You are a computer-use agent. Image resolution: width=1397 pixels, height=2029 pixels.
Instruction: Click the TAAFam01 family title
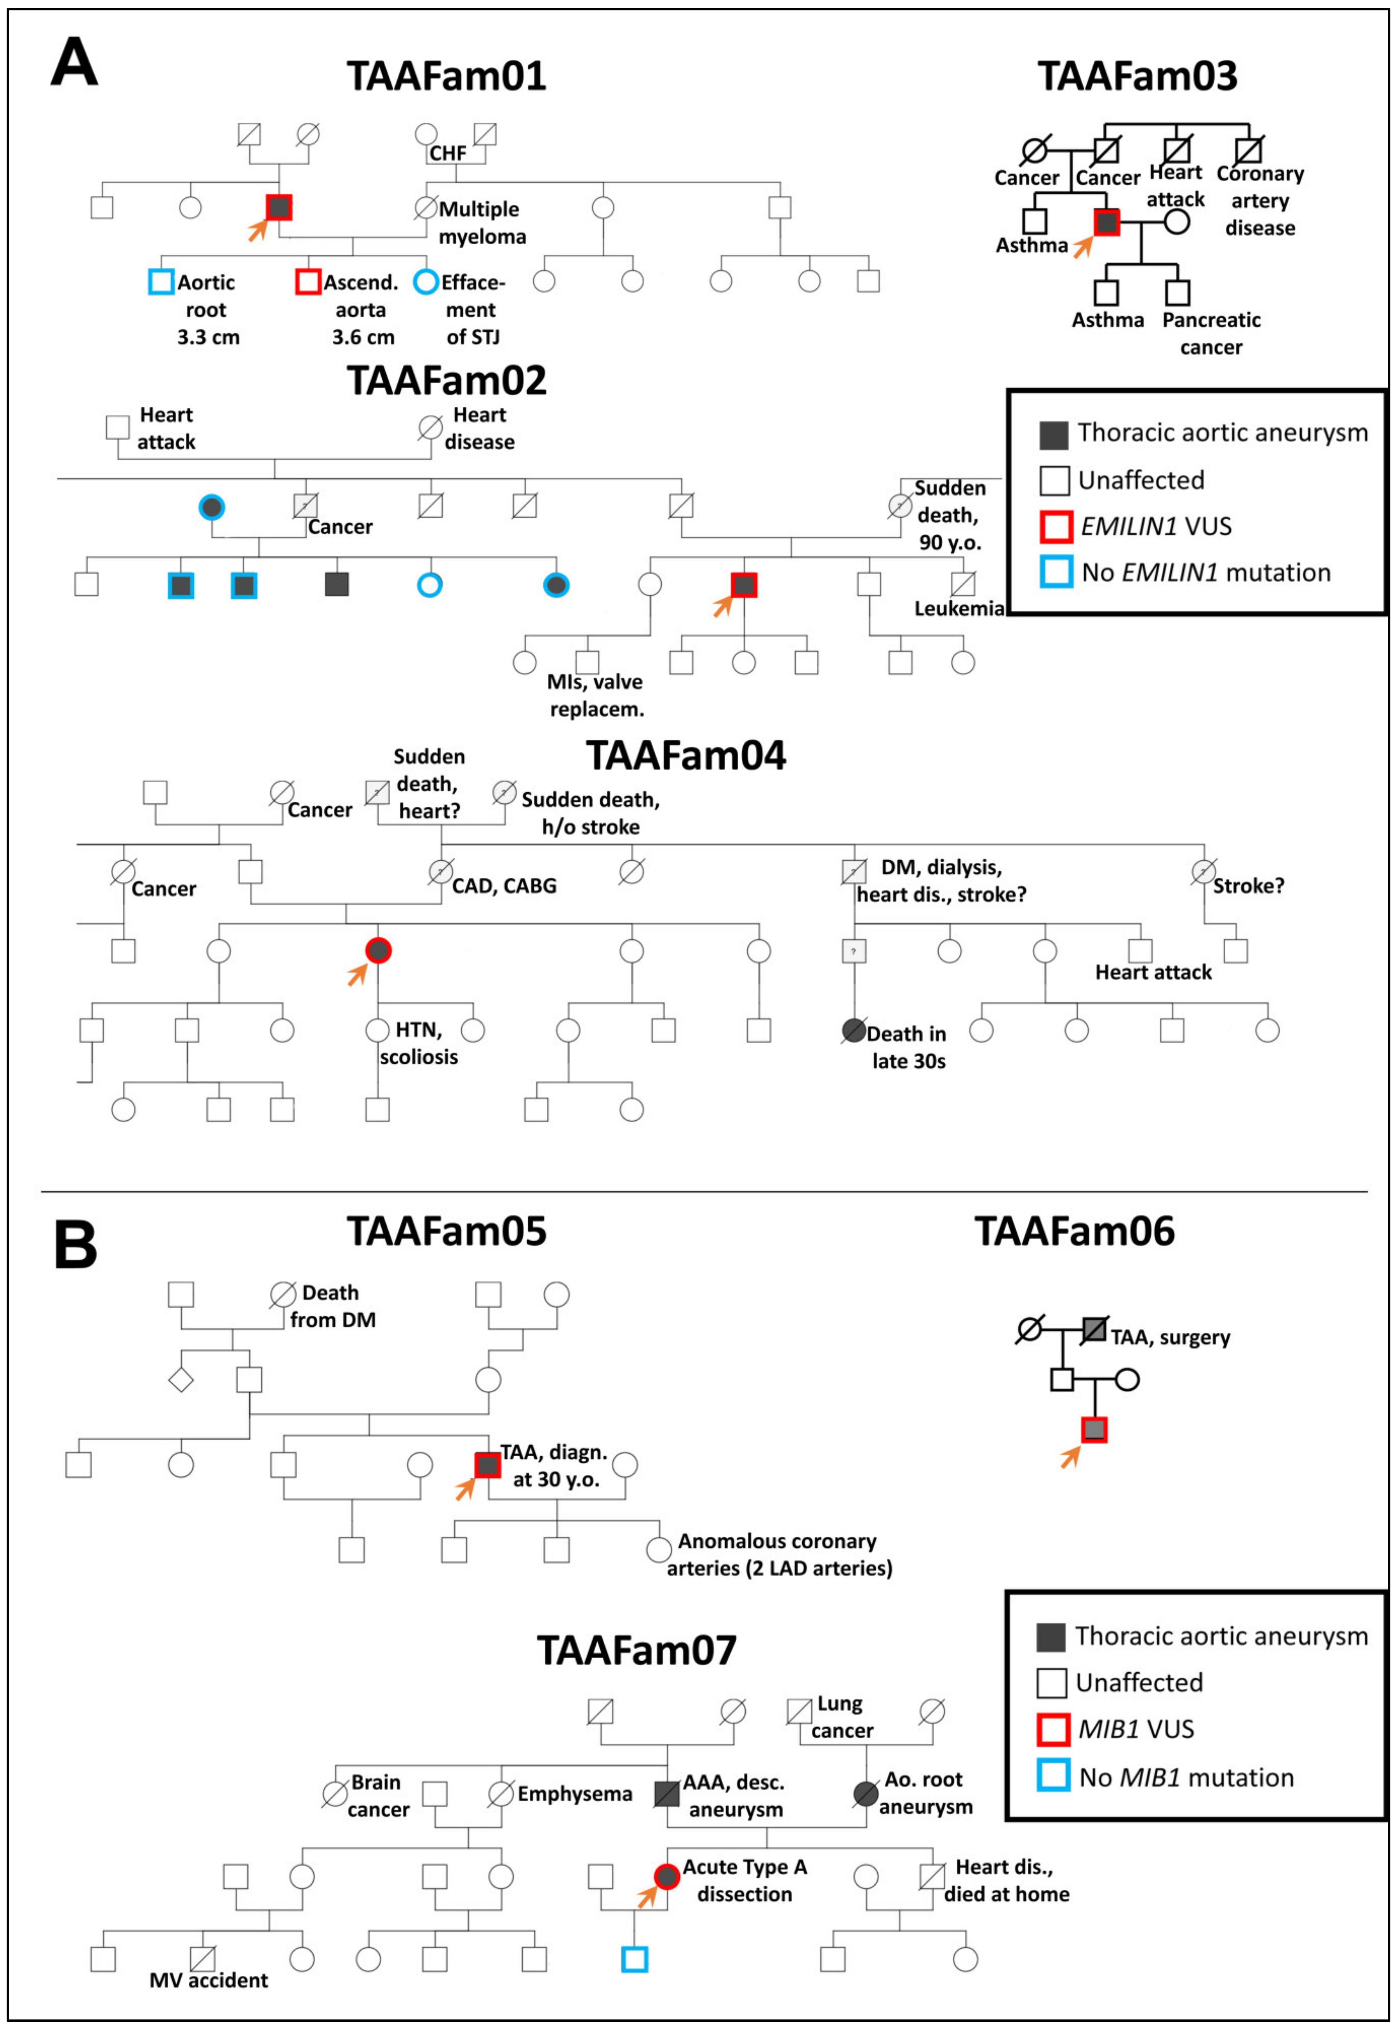point(446,76)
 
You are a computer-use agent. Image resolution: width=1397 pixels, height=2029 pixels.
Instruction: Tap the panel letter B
point(75,1244)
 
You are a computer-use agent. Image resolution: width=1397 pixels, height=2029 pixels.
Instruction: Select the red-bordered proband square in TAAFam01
point(278,207)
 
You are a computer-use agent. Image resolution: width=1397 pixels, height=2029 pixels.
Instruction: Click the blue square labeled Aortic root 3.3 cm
point(161,282)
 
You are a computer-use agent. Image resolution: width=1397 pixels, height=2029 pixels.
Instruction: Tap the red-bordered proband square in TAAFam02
point(743,585)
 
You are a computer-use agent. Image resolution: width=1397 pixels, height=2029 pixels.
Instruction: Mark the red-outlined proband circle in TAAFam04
point(378,951)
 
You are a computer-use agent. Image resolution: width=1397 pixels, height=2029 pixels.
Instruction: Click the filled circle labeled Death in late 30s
point(854,1030)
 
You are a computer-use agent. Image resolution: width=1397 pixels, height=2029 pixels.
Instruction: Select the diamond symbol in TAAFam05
point(180,1380)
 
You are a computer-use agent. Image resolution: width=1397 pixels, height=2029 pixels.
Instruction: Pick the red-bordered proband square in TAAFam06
point(1094,1429)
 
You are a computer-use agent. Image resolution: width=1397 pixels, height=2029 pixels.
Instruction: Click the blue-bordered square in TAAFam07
point(635,1959)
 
